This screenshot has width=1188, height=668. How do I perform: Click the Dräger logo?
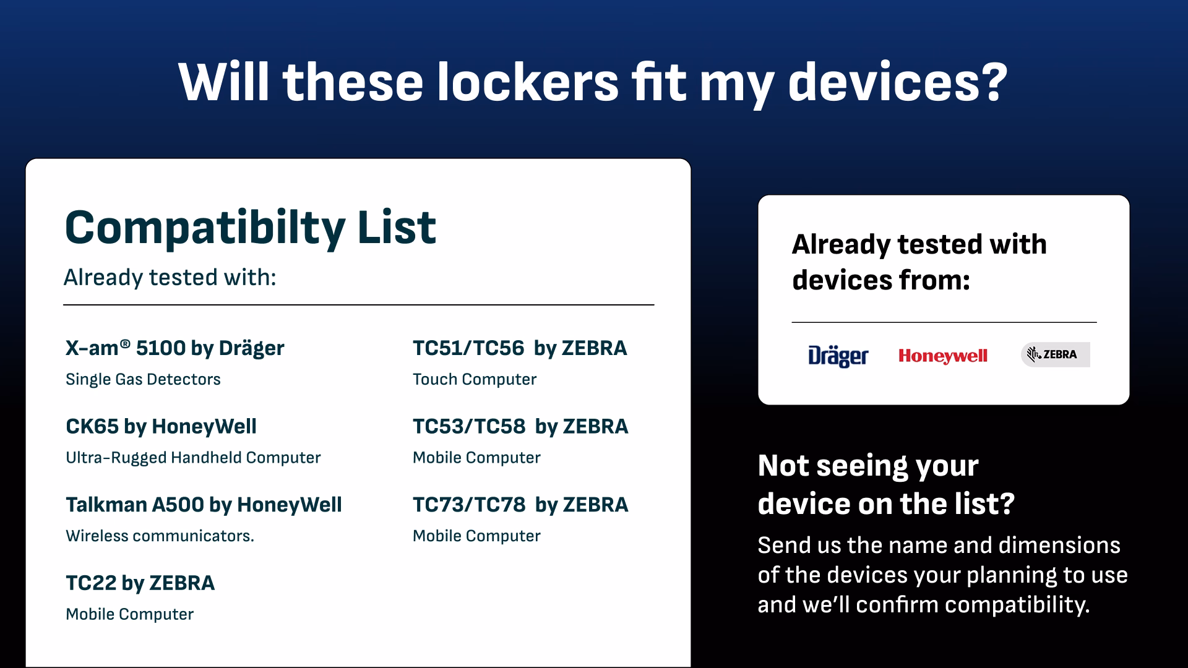838,356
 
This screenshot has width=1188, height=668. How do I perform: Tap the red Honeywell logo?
943,356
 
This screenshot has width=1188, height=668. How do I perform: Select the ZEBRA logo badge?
1055,354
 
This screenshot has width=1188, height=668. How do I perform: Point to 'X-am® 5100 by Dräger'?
175,348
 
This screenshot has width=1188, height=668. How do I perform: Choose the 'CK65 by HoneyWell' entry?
161,426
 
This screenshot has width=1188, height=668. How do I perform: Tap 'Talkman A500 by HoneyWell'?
204,505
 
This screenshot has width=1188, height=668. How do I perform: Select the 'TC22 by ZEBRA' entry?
140,583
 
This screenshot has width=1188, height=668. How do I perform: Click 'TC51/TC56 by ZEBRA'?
520,348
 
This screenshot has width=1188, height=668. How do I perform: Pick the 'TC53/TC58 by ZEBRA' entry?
520,426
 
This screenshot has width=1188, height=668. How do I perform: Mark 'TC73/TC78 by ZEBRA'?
520,505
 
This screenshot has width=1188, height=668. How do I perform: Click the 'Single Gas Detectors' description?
143,379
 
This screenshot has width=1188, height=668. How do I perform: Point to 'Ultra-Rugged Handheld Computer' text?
193,458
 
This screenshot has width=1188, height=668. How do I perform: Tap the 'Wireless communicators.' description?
160,536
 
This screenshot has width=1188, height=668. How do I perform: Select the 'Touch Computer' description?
475,380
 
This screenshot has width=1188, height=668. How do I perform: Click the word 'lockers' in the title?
528,82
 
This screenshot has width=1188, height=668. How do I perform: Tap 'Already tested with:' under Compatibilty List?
170,278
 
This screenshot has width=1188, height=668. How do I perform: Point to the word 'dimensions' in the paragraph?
1059,545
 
